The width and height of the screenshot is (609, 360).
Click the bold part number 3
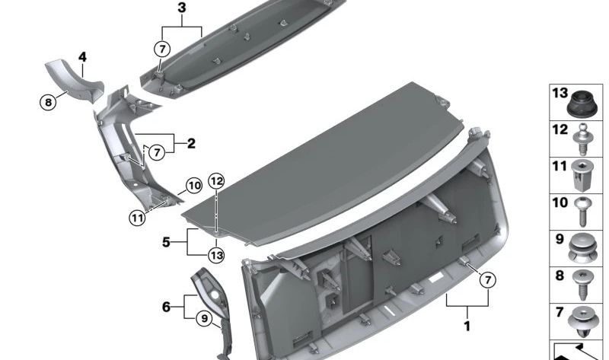tap(181, 8)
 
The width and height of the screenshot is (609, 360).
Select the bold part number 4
tap(82, 57)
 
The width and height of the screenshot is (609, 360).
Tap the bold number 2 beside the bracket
tap(191, 144)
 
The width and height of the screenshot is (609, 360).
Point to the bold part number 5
tap(166, 242)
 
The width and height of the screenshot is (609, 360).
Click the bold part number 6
tap(166, 307)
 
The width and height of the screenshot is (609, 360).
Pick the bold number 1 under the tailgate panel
tap(467, 326)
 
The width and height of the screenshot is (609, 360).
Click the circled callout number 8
tap(48, 103)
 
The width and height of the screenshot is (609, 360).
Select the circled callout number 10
tap(194, 186)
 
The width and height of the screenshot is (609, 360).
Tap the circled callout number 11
tap(137, 218)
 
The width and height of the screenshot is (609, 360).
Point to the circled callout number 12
tap(217, 181)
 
